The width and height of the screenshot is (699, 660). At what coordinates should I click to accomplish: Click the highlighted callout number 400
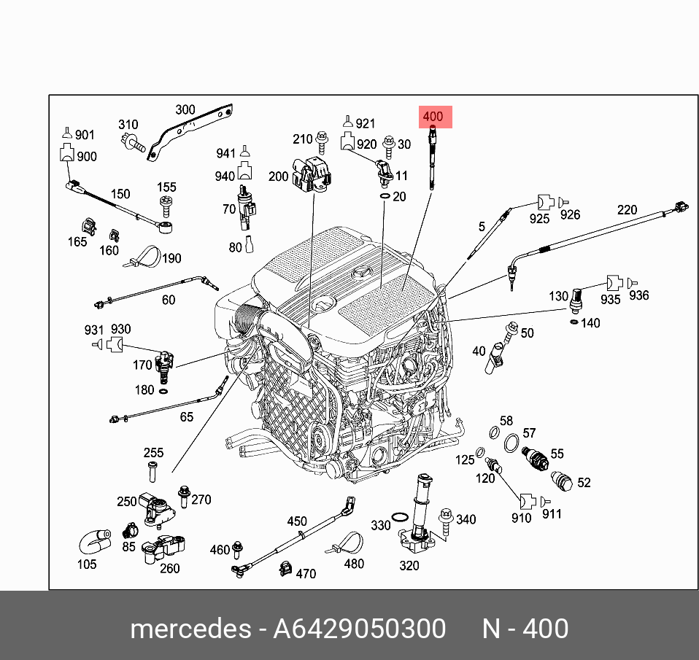point(433,117)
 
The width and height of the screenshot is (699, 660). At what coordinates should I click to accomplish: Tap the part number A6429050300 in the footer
point(359,629)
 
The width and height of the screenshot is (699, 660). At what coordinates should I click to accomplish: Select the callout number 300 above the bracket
point(185,109)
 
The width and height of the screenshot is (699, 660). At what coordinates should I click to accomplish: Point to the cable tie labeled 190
point(144,257)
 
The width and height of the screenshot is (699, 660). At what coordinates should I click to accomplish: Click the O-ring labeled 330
point(399,517)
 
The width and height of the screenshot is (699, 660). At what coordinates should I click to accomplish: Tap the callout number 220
point(627,209)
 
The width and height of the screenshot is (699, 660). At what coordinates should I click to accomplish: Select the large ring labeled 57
point(511,443)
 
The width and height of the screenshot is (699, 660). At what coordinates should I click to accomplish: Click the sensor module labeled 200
point(312,175)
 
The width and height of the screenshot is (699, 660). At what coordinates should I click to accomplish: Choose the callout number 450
point(297,521)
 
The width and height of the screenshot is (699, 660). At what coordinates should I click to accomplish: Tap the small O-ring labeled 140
point(575,322)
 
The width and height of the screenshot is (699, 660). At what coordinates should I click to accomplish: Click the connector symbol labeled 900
point(67,153)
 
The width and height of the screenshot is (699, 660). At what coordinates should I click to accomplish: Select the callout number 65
point(187,416)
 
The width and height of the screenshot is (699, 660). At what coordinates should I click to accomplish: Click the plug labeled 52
point(562,481)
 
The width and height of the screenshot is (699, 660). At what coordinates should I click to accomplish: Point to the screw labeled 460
point(238,550)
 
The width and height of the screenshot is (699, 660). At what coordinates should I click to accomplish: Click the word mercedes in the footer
point(190,629)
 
